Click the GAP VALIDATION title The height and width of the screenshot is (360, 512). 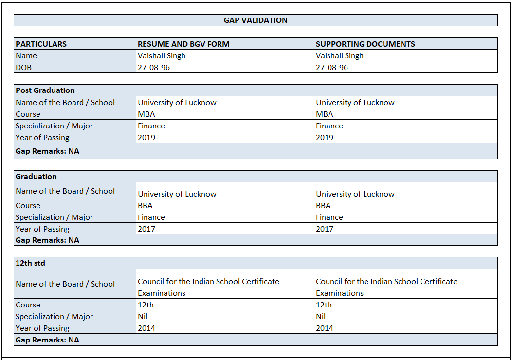pyautogui.click(x=256, y=20)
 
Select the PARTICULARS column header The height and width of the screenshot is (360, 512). pyautogui.click(x=41, y=44)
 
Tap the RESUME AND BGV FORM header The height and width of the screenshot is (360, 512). pyautogui.click(x=183, y=44)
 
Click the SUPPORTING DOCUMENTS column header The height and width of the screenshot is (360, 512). pyautogui.click(x=365, y=44)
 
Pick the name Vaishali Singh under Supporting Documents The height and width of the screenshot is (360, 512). pyautogui.click(x=339, y=55)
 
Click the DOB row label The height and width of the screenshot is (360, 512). pyautogui.click(x=23, y=67)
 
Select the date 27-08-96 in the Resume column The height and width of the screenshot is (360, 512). pyautogui.click(x=154, y=67)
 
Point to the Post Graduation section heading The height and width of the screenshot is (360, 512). pyautogui.click(x=45, y=90)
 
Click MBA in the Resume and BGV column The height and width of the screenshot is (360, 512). pyautogui.click(x=146, y=114)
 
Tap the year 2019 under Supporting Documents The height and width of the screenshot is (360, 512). pyautogui.click(x=325, y=137)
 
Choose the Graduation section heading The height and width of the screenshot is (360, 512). pyautogui.click(x=36, y=176)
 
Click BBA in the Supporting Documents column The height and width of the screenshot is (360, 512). pyautogui.click(x=323, y=205)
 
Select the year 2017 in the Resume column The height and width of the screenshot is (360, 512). pyautogui.click(x=146, y=229)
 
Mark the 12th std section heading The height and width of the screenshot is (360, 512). pyautogui.click(x=30, y=263)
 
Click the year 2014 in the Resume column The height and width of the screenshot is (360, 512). pyautogui.click(x=146, y=328)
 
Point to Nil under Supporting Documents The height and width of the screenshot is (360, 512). pyautogui.click(x=321, y=316)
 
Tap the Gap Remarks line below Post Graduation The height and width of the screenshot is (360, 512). pyautogui.click(x=47, y=151)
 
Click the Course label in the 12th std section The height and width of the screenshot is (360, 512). pyautogui.click(x=28, y=305)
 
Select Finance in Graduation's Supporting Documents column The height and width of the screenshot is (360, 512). pyautogui.click(x=329, y=217)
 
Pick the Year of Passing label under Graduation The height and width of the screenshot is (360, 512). pyautogui.click(x=42, y=229)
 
